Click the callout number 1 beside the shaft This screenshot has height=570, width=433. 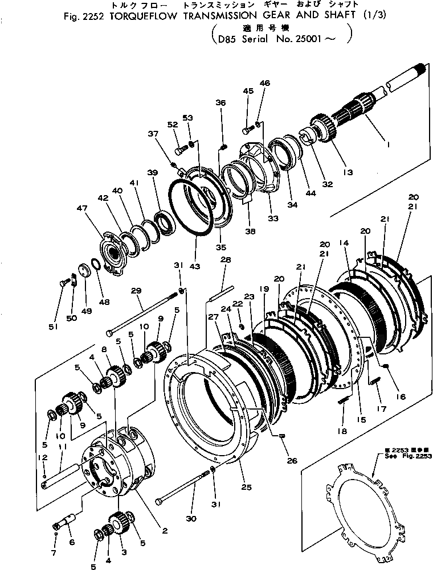(x=388, y=146)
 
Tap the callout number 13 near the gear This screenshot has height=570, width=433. (x=347, y=172)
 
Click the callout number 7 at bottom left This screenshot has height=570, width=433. (x=54, y=554)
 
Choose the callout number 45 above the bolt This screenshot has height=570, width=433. (x=247, y=91)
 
